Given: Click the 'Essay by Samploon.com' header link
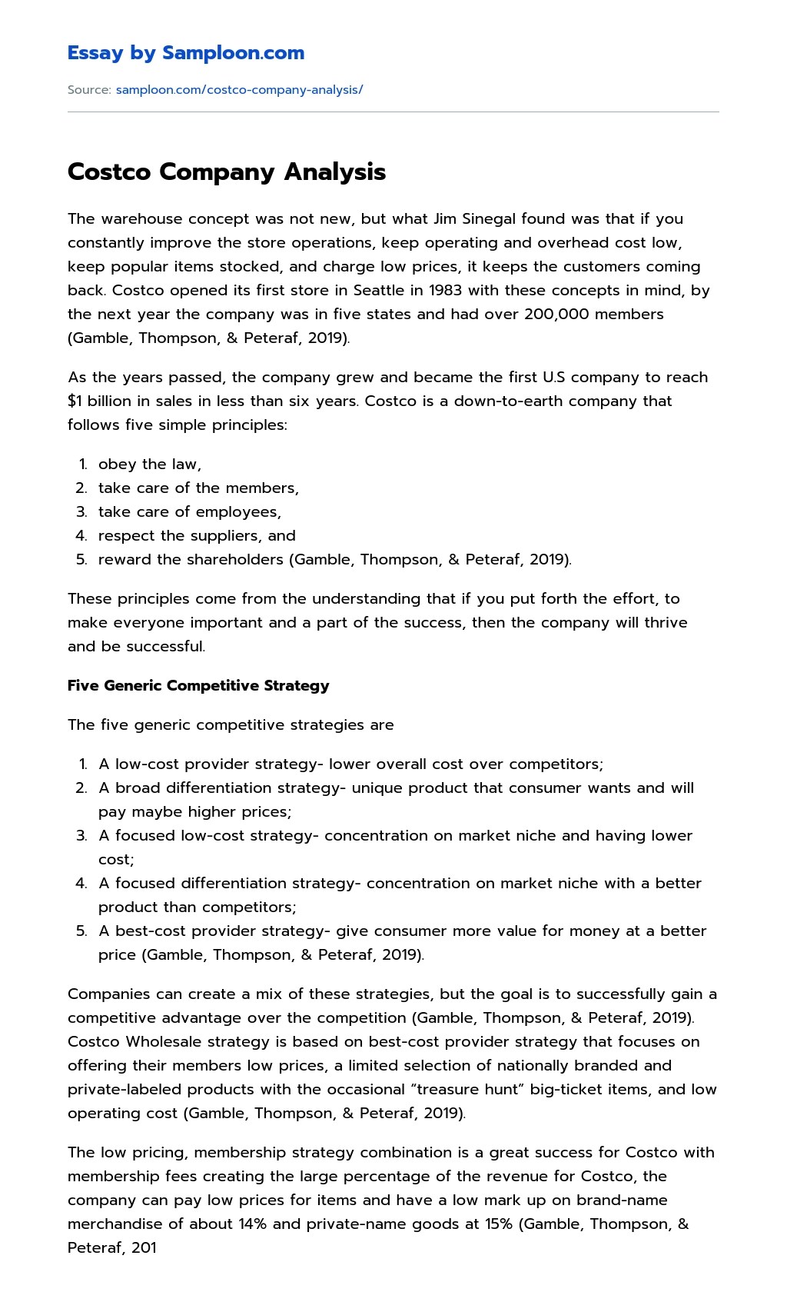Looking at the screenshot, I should click(185, 53).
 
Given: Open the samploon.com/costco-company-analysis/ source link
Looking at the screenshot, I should click(239, 90).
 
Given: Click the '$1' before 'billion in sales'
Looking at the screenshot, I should click(75, 401).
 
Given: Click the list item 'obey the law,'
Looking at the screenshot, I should click(149, 465).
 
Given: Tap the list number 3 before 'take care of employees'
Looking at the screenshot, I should click(81, 512).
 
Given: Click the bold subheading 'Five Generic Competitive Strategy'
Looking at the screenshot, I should click(198, 686).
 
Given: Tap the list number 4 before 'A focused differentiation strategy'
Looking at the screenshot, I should click(81, 884).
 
